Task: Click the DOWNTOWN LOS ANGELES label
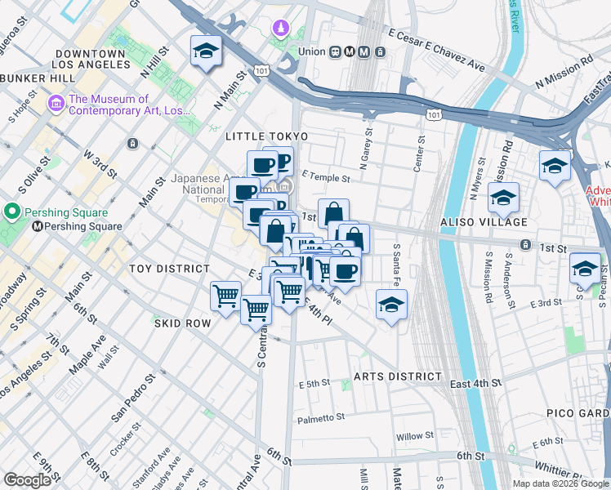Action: pyautogui.click(x=91, y=60)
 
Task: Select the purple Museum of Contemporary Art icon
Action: pyautogui.click(x=56, y=104)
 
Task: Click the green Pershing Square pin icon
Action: pyautogui.click(x=12, y=212)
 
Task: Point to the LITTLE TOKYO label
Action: pyautogui.click(x=267, y=136)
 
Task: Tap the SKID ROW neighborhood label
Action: pyautogui.click(x=182, y=323)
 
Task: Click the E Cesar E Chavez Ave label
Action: pyautogui.click(x=437, y=49)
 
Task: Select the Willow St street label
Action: pyautogui.click(x=415, y=437)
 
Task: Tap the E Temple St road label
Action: pyautogui.click(x=325, y=177)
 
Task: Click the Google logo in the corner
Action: pyautogui.click(x=27, y=480)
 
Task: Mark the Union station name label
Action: pyautogui.click(x=311, y=51)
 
